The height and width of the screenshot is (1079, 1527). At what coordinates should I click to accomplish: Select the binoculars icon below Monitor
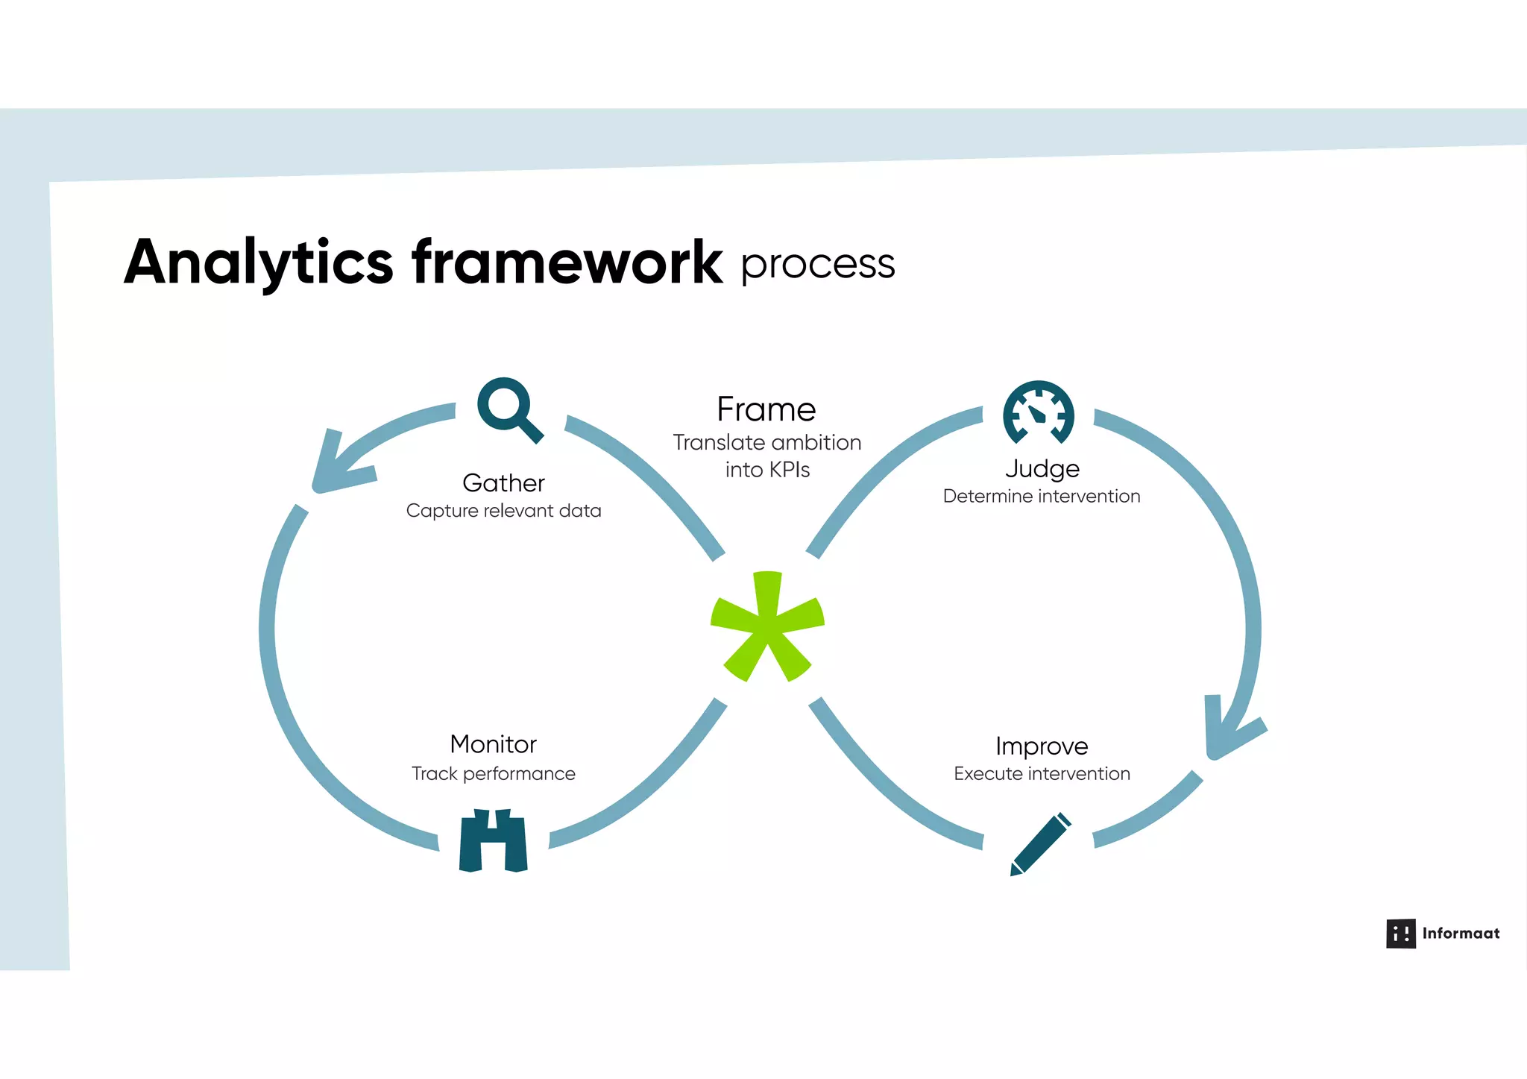point(493,840)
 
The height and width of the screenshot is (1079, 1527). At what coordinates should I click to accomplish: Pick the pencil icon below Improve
point(1040,845)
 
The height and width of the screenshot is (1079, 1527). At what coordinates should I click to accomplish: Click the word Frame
point(766,409)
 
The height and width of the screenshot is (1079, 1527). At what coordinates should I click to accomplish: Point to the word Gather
point(503,483)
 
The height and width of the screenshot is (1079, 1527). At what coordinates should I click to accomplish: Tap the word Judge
point(1042,469)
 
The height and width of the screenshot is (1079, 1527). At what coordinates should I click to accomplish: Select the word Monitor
point(493,744)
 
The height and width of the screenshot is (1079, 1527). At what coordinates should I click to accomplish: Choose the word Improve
point(1042,746)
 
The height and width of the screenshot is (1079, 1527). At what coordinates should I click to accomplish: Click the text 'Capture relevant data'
point(503,511)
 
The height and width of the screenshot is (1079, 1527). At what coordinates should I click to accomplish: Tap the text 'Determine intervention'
point(1041,497)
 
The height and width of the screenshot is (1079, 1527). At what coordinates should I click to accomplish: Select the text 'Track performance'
point(493,774)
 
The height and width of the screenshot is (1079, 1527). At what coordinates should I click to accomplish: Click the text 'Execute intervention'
point(1042,774)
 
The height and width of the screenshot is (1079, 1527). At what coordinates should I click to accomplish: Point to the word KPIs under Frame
point(790,470)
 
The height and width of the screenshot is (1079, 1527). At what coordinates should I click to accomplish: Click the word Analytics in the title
point(258,262)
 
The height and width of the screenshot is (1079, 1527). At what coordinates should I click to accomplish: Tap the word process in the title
point(817,264)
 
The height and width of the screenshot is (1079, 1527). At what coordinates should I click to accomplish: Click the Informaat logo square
point(1400,934)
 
